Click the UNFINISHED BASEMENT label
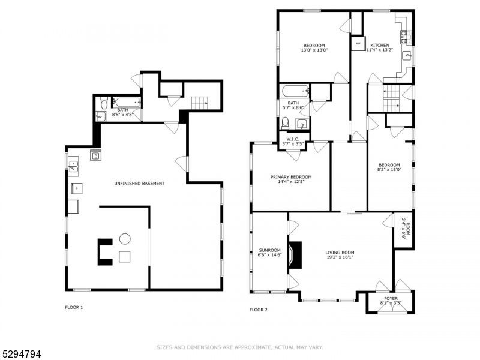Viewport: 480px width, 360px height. tap(139, 183)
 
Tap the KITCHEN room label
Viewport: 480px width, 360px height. tap(379, 46)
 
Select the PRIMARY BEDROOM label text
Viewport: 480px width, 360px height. tap(291, 177)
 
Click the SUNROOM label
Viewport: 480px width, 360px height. tap(269, 250)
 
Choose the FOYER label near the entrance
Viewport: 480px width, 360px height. tap(390, 298)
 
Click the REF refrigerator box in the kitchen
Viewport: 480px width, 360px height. tap(358, 44)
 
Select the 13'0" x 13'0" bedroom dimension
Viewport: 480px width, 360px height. tap(314, 50)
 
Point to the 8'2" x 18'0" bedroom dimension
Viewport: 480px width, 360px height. tap(389, 170)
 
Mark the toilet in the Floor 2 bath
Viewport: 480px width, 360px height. tap(286, 123)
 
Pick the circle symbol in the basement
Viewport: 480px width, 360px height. tap(125, 239)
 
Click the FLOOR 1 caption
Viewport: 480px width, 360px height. tap(74, 308)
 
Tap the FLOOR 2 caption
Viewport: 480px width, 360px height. tap(258, 310)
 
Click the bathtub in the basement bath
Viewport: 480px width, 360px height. tap(127, 102)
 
